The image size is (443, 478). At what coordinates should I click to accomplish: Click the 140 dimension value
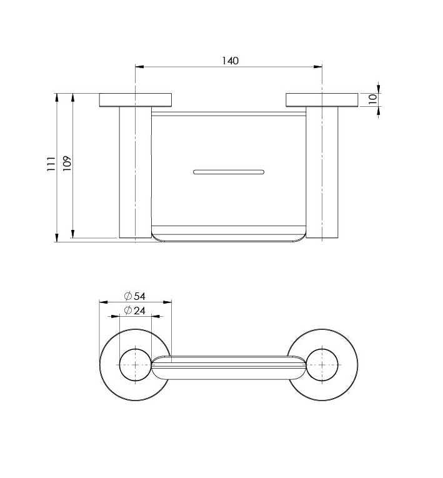pyautogui.click(x=230, y=61)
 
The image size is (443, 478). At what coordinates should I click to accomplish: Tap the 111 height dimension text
pyautogui.click(x=51, y=164)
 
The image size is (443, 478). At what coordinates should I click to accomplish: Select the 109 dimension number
pyautogui.click(x=67, y=164)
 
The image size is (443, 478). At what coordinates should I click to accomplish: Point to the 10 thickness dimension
pyautogui.click(x=372, y=99)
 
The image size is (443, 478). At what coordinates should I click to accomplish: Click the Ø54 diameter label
pyautogui.click(x=135, y=296)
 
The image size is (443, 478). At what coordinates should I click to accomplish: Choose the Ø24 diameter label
pyautogui.click(x=135, y=311)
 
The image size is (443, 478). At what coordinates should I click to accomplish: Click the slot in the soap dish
pyautogui.click(x=229, y=172)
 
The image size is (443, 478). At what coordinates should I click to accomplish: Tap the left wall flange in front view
pyautogui.click(x=136, y=100)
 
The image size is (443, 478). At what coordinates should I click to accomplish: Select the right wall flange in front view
pyautogui.click(x=322, y=100)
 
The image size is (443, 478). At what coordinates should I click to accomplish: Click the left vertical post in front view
pyautogui.click(x=136, y=172)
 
